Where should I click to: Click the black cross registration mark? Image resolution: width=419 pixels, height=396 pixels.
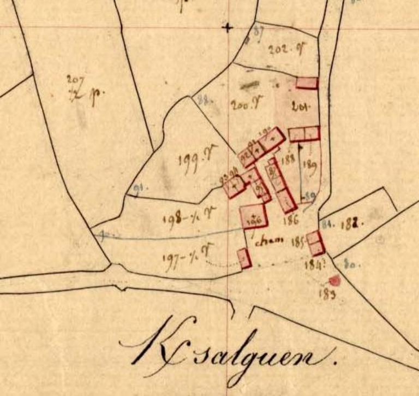click(x=228, y=27)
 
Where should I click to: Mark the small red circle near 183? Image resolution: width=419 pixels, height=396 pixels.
click(x=334, y=281)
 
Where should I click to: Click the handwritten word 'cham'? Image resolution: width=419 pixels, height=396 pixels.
click(x=269, y=241)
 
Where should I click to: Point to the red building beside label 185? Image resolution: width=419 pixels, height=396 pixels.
click(x=316, y=243)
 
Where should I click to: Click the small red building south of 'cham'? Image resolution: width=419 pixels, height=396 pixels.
click(x=244, y=258)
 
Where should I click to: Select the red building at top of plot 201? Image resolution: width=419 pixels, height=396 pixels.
click(x=307, y=83)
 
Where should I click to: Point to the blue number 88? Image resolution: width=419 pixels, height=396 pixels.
click(x=204, y=100)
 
